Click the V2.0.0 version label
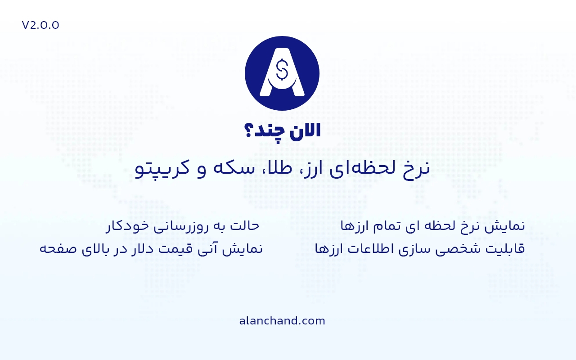point(40,25)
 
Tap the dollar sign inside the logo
point(282,69)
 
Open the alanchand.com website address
point(282,321)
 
